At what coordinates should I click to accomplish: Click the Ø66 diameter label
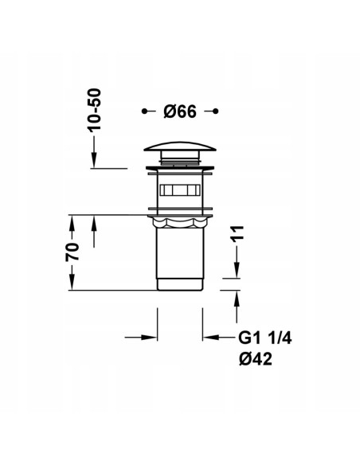pos(180,111)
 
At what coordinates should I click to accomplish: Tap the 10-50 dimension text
pos(94,110)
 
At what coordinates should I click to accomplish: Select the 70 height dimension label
pos(72,252)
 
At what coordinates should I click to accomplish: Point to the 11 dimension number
pos(237,233)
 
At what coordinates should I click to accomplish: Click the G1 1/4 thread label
pos(265,338)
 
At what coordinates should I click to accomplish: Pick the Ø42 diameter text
pos(256,359)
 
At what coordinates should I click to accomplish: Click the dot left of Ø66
pos(144,111)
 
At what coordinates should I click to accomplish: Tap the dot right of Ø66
pos(216,111)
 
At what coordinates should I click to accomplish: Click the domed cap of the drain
pos(180,147)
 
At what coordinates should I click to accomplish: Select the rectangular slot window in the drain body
pos(180,190)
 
